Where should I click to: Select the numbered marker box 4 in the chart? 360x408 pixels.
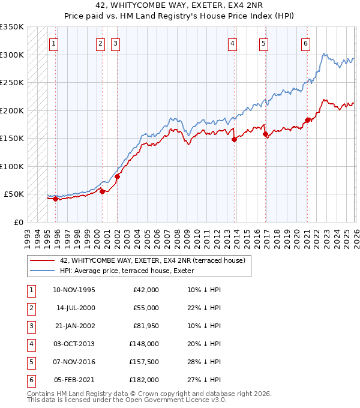[232, 43]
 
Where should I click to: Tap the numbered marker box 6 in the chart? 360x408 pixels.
[306, 43]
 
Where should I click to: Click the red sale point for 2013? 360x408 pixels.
[234, 139]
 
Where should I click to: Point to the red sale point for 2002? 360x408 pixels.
[118, 176]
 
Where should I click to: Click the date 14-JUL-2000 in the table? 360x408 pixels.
[75, 308]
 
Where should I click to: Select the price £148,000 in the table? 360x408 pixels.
[144, 344]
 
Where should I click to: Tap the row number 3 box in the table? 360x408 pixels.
[31, 326]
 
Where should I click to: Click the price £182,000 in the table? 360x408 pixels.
[144, 380]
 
